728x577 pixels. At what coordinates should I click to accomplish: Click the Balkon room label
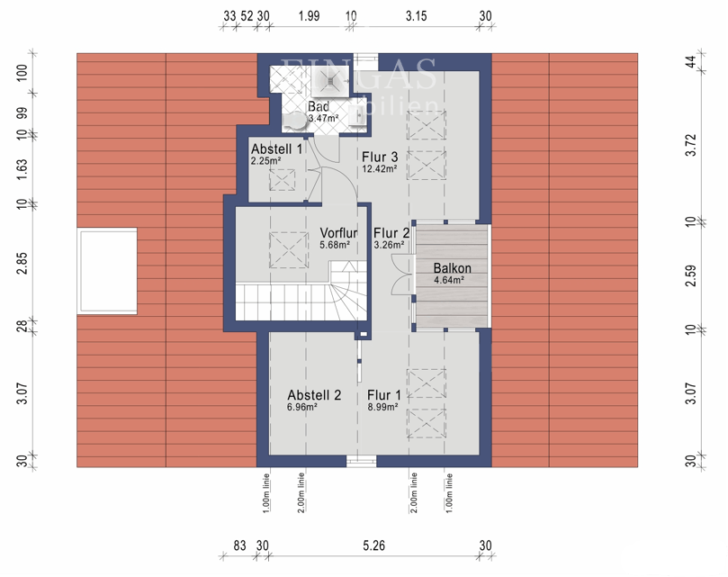click(x=452, y=268)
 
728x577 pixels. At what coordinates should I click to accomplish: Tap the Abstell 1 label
click(x=277, y=149)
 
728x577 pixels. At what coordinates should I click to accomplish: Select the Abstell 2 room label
click(x=314, y=395)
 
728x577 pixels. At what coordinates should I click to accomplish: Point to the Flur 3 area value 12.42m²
click(x=380, y=168)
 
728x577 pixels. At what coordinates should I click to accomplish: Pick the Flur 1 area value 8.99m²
click(x=384, y=407)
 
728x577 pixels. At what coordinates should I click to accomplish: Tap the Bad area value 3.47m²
click(x=323, y=118)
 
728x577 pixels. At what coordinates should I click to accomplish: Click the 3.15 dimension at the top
click(x=416, y=15)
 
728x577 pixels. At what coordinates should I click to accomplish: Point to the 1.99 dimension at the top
click(x=309, y=15)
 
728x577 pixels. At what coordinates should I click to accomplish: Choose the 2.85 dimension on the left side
click(x=22, y=263)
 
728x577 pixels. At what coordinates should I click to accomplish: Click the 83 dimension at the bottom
click(x=239, y=545)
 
